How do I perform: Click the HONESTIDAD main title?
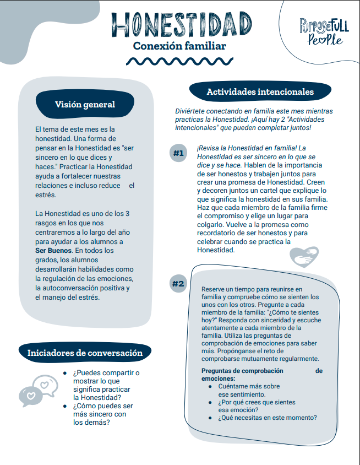[x=179, y=24]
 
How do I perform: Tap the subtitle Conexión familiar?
[x=179, y=46]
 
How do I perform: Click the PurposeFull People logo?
[x=321, y=31]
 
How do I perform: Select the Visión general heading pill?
[x=85, y=105]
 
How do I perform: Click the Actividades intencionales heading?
[x=260, y=92]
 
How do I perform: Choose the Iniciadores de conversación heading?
[x=85, y=353]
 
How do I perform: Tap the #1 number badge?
[x=178, y=153]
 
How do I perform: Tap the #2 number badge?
[x=178, y=284]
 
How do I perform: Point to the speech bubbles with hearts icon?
[x=39, y=389]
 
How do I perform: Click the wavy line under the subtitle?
[x=179, y=61]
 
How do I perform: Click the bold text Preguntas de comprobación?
[x=242, y=371]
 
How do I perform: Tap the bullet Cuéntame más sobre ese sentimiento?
[x=249, y=391]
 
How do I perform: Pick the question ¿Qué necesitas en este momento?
[x=267, y=418]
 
